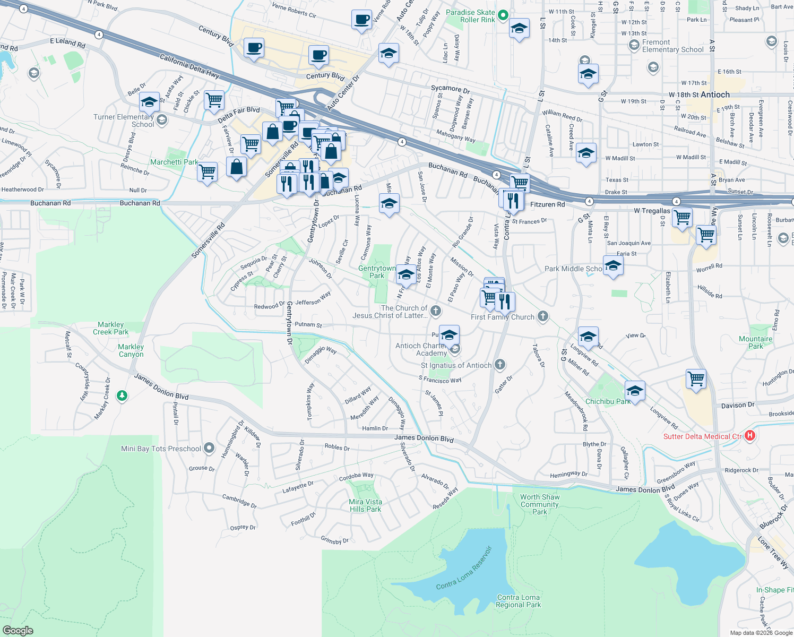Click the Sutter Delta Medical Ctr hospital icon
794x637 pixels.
749,436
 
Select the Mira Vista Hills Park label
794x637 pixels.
365,505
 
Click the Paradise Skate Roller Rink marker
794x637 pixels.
504,16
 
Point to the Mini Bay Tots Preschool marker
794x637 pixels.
209,448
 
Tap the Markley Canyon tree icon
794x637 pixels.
122,395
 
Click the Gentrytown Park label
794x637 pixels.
377,272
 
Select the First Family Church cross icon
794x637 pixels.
542,316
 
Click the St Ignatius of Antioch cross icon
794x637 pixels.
499,365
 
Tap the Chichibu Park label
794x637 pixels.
608,401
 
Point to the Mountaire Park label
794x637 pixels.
756,342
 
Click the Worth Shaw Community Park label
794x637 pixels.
540,504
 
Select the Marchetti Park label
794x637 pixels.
174,162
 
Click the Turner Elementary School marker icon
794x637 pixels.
162,120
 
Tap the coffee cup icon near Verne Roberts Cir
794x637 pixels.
362,20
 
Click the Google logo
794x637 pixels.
18,631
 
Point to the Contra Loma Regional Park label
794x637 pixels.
519,601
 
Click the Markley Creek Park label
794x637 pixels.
110,328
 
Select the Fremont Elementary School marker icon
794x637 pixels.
634,46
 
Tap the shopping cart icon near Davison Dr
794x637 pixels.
696,379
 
